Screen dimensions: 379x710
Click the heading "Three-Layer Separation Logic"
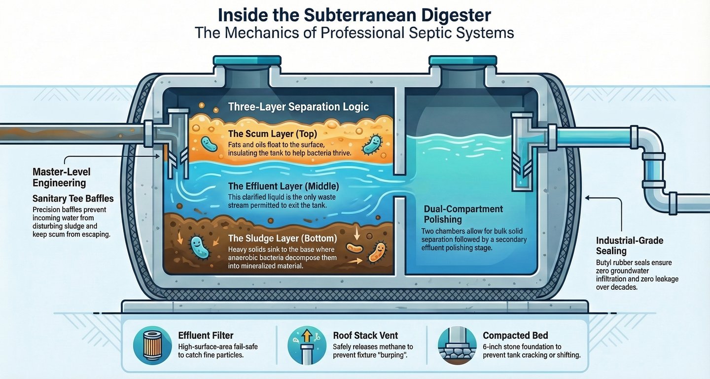click(298, 106)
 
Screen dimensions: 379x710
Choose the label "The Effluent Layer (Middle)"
click(283, 186)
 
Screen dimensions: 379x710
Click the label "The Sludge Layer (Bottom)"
click(283, 239)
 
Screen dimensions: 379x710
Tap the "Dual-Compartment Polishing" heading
click(463, 214)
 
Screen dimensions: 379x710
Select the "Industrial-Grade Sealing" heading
click(630, 245)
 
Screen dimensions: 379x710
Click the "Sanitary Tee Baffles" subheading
click(73, 199)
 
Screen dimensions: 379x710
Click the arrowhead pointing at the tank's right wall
click(587, 198)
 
